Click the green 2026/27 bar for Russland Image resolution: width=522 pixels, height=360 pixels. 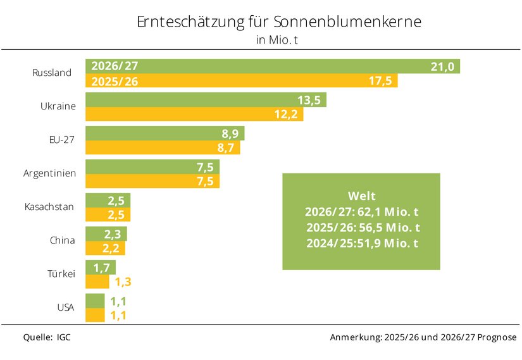click(x=273, y=66)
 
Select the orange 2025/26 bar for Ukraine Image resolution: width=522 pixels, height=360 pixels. click(x=194, y=114)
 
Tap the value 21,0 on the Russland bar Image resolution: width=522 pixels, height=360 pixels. click(x=442, y=66)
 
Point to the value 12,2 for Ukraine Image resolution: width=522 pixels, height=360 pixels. click(x=285, y=115)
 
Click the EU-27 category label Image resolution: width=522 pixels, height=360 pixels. click(x=61, y=140)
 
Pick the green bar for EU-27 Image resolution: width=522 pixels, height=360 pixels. click(x=165, y=133)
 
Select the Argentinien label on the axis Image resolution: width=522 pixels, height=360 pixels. click(x=49, y=173)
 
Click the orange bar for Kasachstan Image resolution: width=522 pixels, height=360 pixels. click(x=108, y=214)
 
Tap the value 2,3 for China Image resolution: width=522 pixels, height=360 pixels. click(x=113, y=234)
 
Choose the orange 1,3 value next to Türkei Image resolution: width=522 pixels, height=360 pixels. click(x=123, y=282)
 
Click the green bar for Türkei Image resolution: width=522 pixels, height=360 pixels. click(x=101, y=268)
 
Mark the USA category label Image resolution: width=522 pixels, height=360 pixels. click(x=66, y=307)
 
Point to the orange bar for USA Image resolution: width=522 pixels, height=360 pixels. click(x=95, y=315)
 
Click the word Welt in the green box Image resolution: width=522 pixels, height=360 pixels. click(x=361, y=196)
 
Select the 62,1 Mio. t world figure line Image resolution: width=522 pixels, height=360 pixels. click(x=361, y=212)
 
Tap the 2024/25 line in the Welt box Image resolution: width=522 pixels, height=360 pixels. click(x=362, y=244)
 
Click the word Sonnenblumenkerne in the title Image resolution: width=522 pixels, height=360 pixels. click(x=347, y=22)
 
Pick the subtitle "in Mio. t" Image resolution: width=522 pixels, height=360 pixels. click(x=277, y=40)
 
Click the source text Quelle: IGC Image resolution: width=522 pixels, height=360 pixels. click(x=47, y=337)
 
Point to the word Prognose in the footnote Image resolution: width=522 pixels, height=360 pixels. click(x=497, y=337)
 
